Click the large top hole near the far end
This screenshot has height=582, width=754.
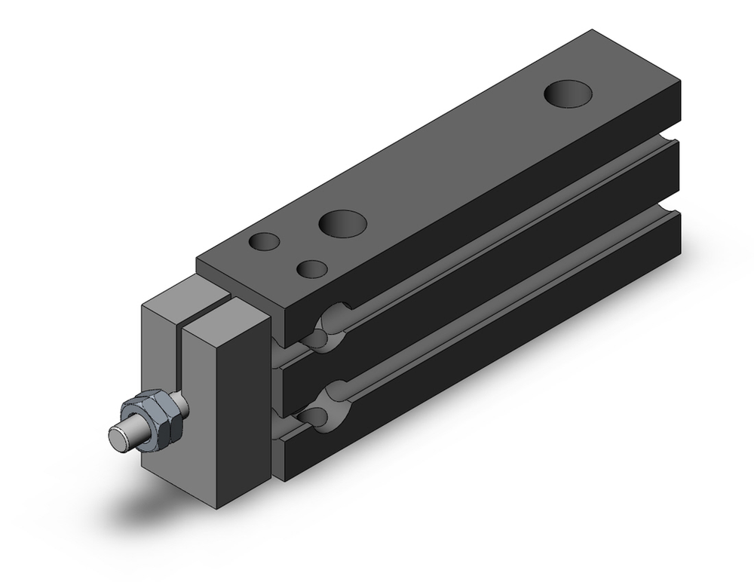tap(568, 93)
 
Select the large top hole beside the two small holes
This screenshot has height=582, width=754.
tap(342, 223)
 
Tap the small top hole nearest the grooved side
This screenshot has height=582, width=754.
tap(311, 269)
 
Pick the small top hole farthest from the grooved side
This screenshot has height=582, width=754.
tap(265, 242)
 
